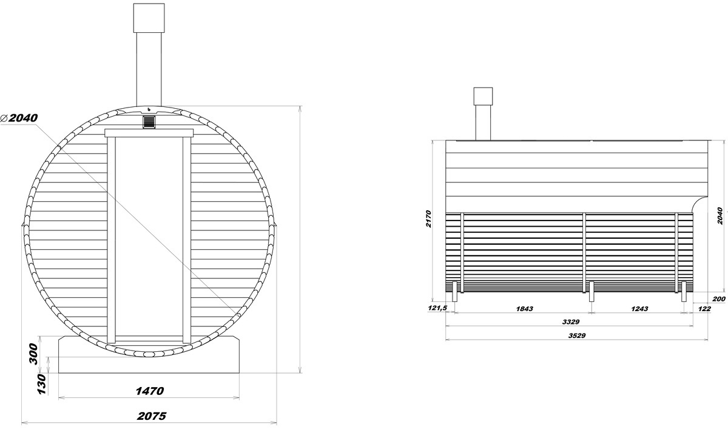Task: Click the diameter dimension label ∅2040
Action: point(19,118)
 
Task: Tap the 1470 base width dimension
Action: point(150,391)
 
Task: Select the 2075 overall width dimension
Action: point(152,416)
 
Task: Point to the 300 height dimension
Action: point(34,354)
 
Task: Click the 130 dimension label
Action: point(42,384)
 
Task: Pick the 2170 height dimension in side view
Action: point(428,219)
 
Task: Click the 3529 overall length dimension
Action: point(577,335)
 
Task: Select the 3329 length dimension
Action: point(571,322)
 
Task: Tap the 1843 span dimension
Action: point(525,309)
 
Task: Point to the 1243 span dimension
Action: point(639,309)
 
